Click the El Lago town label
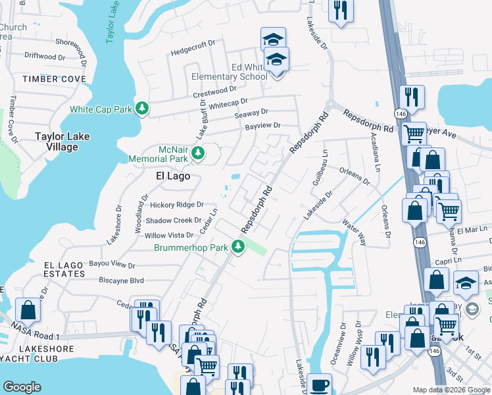[x=173, y=176]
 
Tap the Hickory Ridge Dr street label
[x=176, y=205]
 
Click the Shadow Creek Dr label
[x=174, y=221]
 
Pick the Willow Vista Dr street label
[x=170, y=235]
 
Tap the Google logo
[x=22, y=387]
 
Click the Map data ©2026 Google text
[x=451, y=390]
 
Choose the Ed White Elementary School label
[x=230, y=72]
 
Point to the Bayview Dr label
[x=262, y=126]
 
